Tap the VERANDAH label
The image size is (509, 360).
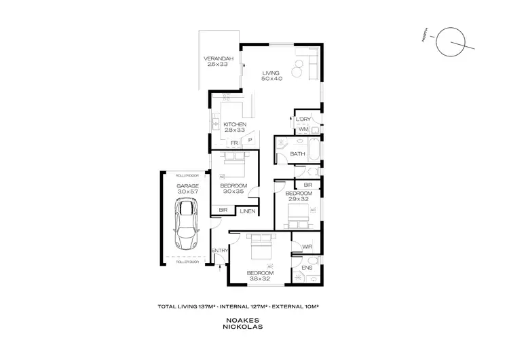[x=219, y=59]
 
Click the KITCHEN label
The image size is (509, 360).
[x=234, y=124]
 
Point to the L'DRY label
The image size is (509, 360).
[x=303, y=120]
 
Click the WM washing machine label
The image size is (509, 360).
[x=304, y=128]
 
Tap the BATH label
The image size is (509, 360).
[x=297, y=154]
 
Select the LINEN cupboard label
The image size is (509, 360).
[x=246, y=211]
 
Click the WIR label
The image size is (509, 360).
[x=307, y=247]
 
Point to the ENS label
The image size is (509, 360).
[x=306, y=268]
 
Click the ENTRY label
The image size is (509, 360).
[x=219, y=251]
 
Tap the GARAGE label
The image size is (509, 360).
[x=187, y=185]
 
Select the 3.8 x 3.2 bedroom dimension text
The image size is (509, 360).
[x=261, y=277]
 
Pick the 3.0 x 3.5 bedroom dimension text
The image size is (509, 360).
[x=233, y=192]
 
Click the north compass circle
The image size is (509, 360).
[x=449, y=42]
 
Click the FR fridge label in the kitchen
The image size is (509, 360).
[x=233, y=143]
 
